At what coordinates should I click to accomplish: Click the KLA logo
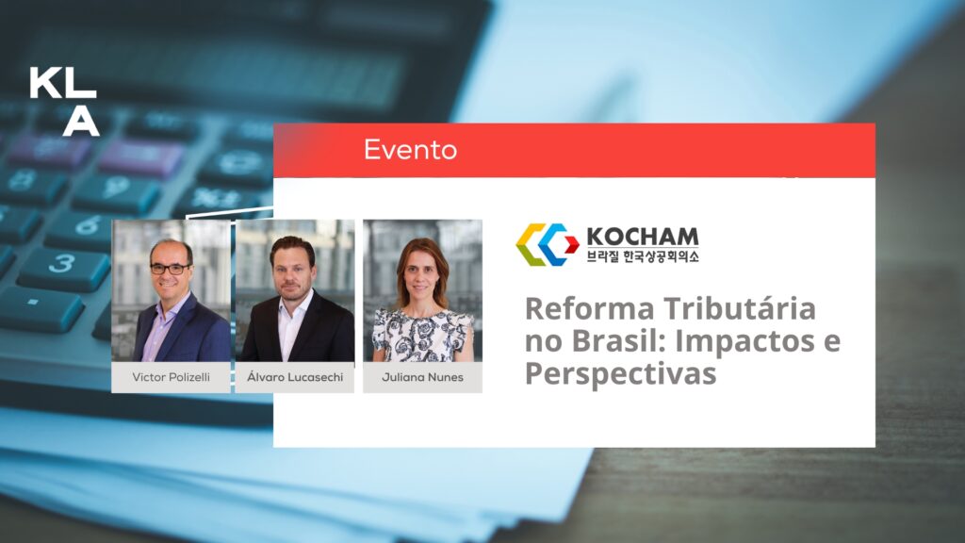tap(64, 102)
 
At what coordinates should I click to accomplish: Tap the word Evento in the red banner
tap(410, 150)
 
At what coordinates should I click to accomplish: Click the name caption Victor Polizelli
tap(172, 377)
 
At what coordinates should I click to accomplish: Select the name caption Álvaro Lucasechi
tap(295, 376)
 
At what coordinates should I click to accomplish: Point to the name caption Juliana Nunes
tap(422, 377)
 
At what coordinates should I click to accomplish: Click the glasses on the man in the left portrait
tap(170, 269)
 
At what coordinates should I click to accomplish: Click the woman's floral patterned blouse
tap(422, 336)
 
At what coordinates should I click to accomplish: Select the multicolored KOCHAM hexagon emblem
tap(547, 244)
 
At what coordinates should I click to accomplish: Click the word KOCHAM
tap(643, 237)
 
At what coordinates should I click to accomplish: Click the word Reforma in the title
tap(590, 308)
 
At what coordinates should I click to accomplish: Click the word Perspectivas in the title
tap(620, 374)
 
